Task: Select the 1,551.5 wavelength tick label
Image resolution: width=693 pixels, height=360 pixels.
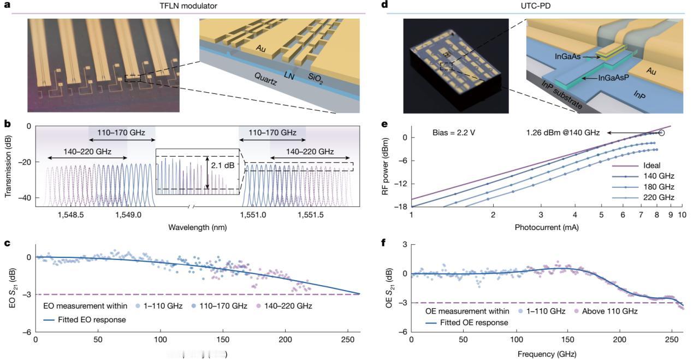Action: (x=311, y=216)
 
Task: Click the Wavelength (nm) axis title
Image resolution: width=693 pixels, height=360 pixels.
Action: (x=197, y=226)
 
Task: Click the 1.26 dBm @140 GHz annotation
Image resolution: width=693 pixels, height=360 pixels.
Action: (x=565, y=133)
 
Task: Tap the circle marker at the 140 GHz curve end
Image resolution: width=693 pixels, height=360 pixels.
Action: (x=662, y=133)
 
